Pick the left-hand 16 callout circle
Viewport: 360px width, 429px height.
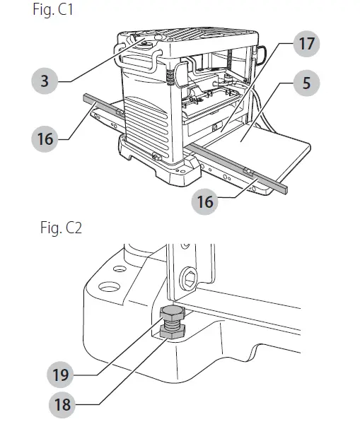point(45,139)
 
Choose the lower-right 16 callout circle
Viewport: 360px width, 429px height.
point(204,201)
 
